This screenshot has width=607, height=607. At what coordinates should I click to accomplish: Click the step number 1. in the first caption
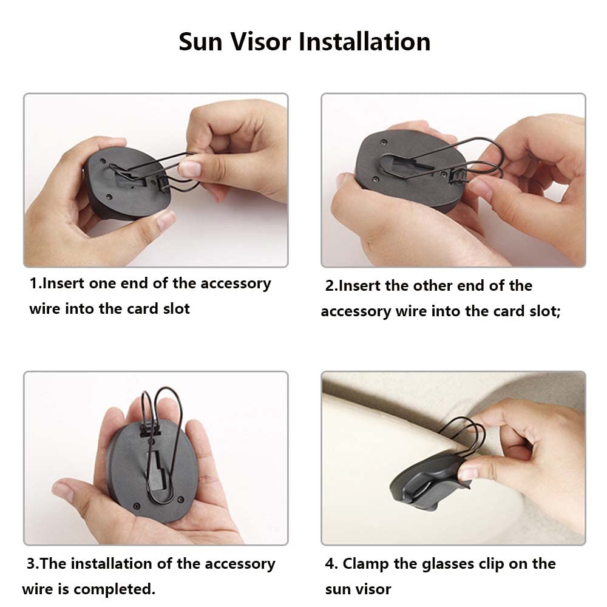36,283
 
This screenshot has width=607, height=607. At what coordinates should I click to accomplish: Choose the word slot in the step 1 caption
175,308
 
